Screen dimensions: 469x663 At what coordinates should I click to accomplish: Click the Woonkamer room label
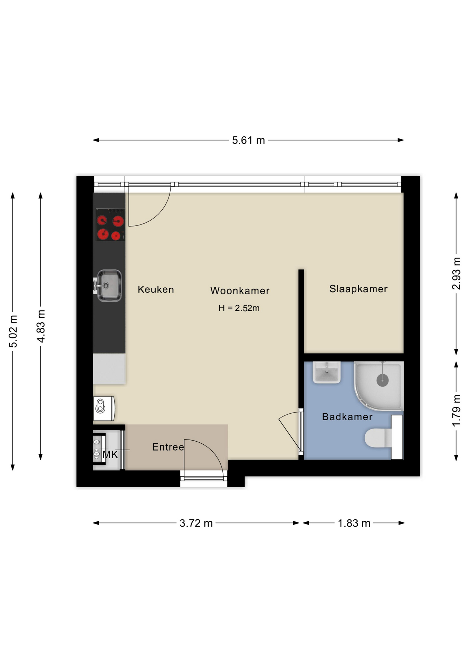point(240,291)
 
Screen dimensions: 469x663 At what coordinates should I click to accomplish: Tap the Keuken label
point(156,289)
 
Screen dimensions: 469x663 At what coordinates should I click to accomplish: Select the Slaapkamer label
point(358,289)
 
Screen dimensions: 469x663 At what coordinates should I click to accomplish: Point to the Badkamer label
point(347,417)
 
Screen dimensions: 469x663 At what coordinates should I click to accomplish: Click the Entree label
point(168,447)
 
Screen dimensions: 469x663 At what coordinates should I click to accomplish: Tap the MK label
point(110,455)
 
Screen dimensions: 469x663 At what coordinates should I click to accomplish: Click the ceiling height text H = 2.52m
point(239,308)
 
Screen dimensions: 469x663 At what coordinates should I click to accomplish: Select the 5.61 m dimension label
point(248,141)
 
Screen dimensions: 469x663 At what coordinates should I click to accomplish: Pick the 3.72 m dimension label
point(196,523)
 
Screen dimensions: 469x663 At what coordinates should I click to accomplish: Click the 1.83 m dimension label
point(354,523)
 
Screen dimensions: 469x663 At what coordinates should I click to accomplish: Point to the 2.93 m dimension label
point(456,273)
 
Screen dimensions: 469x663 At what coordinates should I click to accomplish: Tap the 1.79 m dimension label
point(456,411)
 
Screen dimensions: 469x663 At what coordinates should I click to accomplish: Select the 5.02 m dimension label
point(13,331)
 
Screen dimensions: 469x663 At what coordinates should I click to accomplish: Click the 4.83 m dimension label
point(41,326)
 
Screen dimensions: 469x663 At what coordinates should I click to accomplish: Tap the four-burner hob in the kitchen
point(110,225)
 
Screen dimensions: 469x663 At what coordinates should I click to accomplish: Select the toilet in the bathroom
point(379,438)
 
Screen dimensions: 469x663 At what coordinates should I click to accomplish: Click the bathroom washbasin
point(327,373)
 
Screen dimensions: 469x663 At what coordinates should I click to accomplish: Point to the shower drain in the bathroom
point(383,381)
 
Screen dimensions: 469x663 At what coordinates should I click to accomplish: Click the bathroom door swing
point(289,432)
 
